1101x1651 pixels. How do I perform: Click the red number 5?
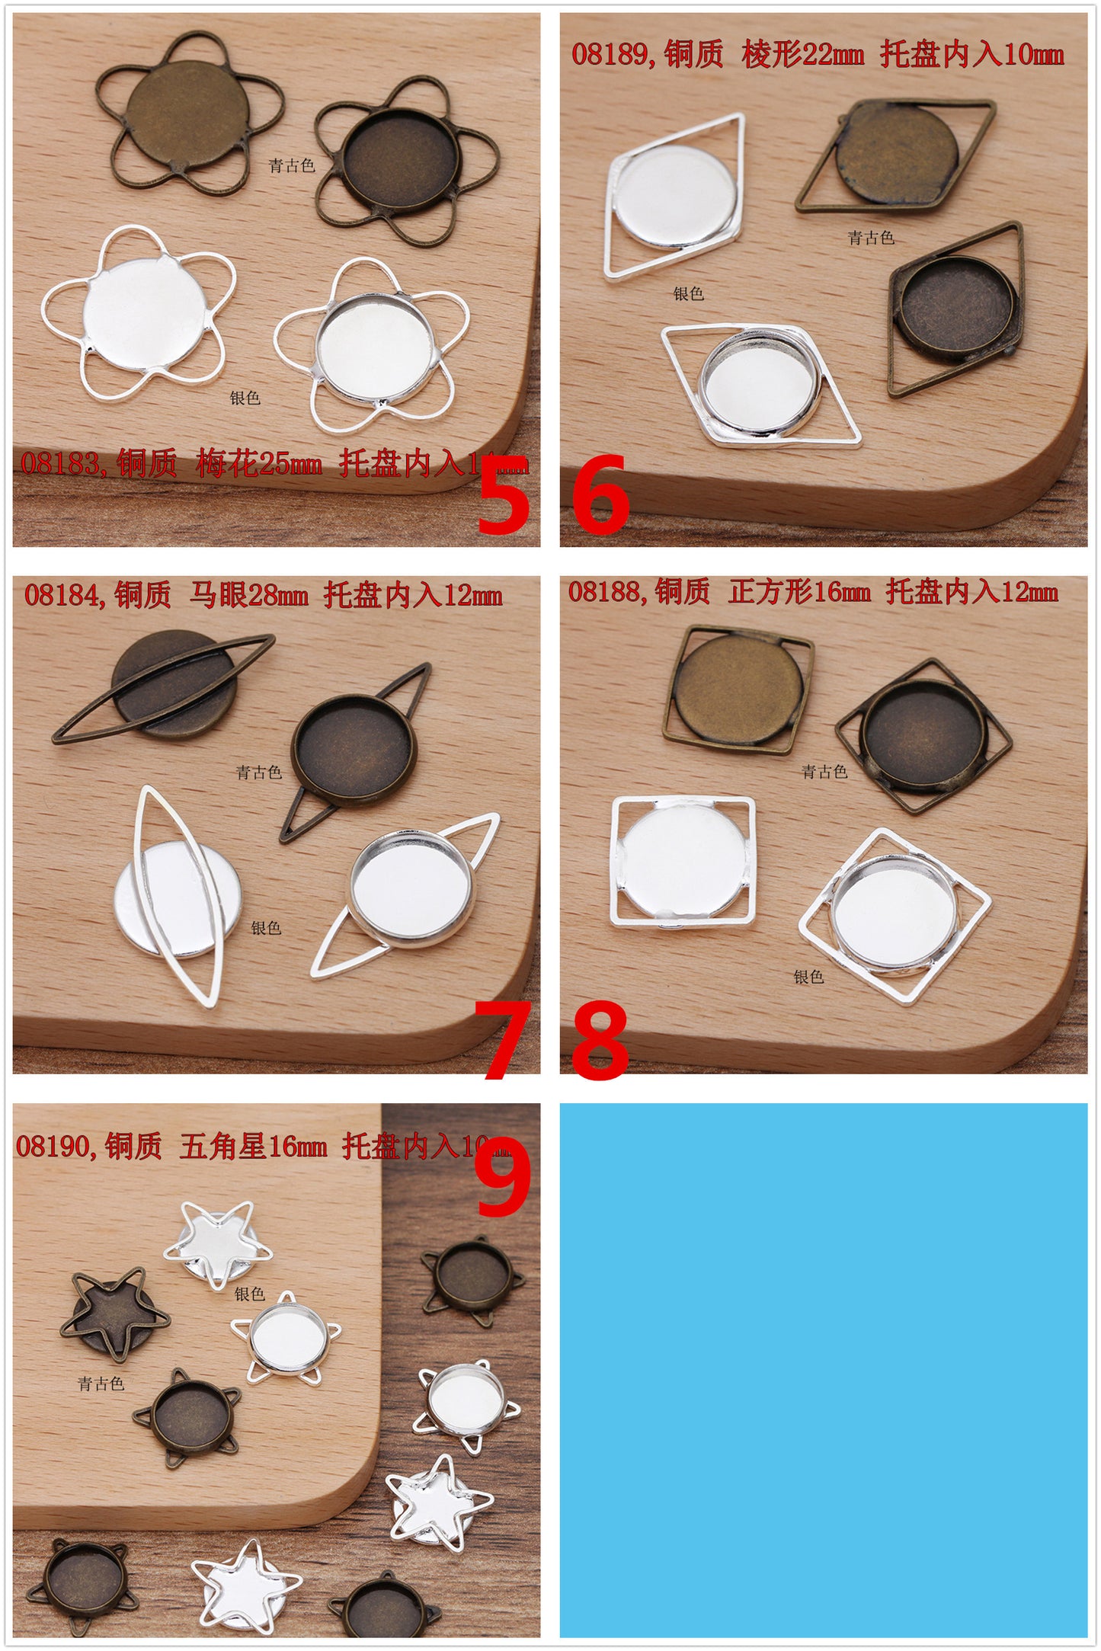pos(503,495)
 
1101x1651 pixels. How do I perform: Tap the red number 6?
pos(600,495)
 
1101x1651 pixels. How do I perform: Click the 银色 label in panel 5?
pos(245,398)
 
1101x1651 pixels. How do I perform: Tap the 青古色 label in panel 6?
pos(871,238)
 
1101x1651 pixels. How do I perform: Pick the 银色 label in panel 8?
pos(808,977)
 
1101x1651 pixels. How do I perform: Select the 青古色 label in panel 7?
pos(259,773)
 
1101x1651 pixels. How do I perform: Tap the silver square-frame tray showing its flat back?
pos(682,861)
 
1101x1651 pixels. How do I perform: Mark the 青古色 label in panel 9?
pos(101,1384)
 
